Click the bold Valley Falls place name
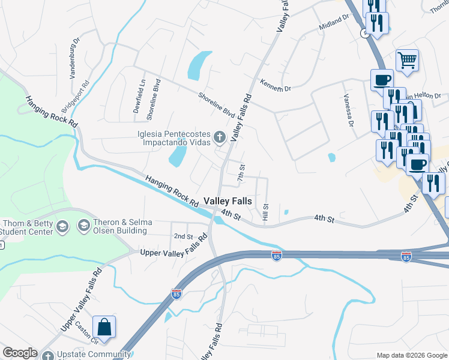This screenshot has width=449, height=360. (x=228, y=201)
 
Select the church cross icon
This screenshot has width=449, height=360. (x=220, y=139)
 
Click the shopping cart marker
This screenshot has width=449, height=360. (x=407, y=60)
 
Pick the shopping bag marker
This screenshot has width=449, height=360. (x=104, y=328)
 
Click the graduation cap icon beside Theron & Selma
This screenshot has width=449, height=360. (x=82, y=225)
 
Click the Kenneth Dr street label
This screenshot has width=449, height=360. (x=275, y=85)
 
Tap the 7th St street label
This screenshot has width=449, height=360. (x=241, y=173)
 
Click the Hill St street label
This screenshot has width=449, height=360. (x=265, y=210)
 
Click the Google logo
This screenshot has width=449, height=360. (x=19, y=353)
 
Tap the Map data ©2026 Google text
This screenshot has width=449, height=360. (x=411, y=355)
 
